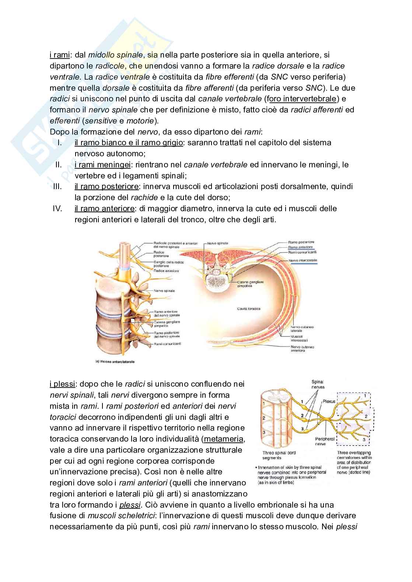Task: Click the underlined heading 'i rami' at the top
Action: pyautogui.click(x=59, y=55)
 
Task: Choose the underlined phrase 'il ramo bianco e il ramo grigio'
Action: pyautogui.click(x=129, y=142)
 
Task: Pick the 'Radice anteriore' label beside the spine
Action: pyautogui.click(x=166, y=271)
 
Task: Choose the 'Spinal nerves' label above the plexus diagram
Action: pyautogui.click(x=318, y=385)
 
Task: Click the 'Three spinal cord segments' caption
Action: pyautogui.click(x=279, y=455)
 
